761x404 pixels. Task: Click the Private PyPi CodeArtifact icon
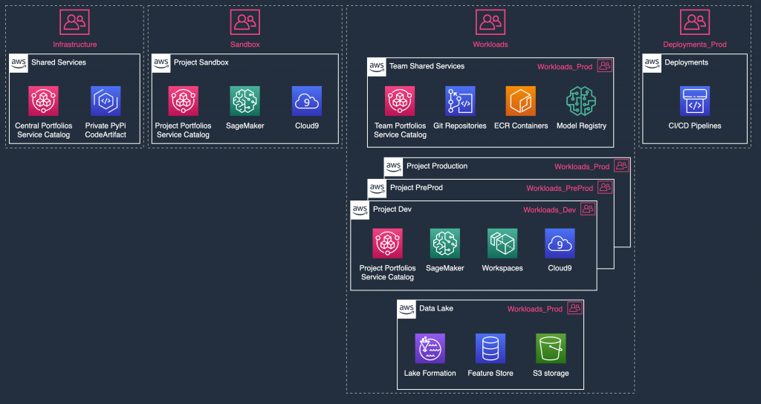[x=105, y=101]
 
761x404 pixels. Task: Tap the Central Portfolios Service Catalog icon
[x=43, y=101]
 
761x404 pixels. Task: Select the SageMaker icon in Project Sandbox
[x=245, y=101]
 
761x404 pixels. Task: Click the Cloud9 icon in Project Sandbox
[x=307, y=101]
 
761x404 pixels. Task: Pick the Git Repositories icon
[x=460, y=101]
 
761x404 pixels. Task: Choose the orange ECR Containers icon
[x=520, y=101]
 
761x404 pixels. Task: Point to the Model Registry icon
[x=581, y=101]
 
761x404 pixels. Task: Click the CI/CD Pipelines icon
[x=694, y=101]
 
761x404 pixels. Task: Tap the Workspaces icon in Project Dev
[x=502, y=243]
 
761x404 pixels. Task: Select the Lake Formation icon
[x=430, y=348]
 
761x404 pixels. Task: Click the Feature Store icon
[x=490, y=348]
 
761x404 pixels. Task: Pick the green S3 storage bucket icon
[x=551, y=348]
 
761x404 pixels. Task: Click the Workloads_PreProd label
[x=560, y=189]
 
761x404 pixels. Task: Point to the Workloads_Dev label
[x=549, y=210]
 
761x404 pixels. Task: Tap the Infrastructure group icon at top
[x=74, y=22]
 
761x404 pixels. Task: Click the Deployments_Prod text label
[x=694, y=45]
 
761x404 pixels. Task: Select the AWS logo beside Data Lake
[x=407, y=308]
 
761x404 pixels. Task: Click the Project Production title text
[x=437, y=166]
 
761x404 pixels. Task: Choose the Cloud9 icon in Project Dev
[x=560, y=243]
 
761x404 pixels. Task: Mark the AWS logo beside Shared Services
[x=19, y=62]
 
